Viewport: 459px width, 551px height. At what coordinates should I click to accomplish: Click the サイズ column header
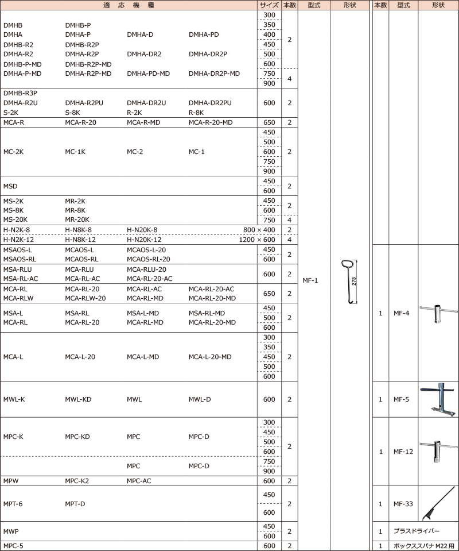coord(269,5)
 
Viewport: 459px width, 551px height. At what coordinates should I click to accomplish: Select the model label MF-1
coord(310,280)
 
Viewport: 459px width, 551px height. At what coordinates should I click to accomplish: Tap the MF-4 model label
coord(402,313)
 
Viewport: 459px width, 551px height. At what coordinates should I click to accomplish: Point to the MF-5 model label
coord(402,399)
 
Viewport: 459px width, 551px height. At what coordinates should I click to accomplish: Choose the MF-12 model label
coord(403,452)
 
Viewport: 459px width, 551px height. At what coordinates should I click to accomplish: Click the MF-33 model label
coord(403,504)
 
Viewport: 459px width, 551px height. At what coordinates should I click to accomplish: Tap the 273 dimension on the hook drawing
coord(354,282)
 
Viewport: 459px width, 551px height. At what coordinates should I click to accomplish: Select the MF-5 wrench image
coord(439,399)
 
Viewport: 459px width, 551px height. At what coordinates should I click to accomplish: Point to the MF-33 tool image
coord(439,503)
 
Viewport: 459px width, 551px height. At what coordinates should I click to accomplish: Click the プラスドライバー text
coord(416,531)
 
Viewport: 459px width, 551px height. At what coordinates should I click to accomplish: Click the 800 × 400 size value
coord(259,230)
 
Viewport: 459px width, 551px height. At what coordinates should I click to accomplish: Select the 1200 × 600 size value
coord(257,240)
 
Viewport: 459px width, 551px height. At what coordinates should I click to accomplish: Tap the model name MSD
coord(10,186)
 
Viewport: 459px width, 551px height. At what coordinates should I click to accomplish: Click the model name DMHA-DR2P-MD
coord(214,74)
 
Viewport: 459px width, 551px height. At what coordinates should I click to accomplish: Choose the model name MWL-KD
coord(78,399)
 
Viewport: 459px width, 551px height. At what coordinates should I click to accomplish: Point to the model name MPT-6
coord(13,504)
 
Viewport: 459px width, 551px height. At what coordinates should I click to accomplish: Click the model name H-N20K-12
coord(144,240)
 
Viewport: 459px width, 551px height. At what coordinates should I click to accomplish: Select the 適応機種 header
coord(129,5)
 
